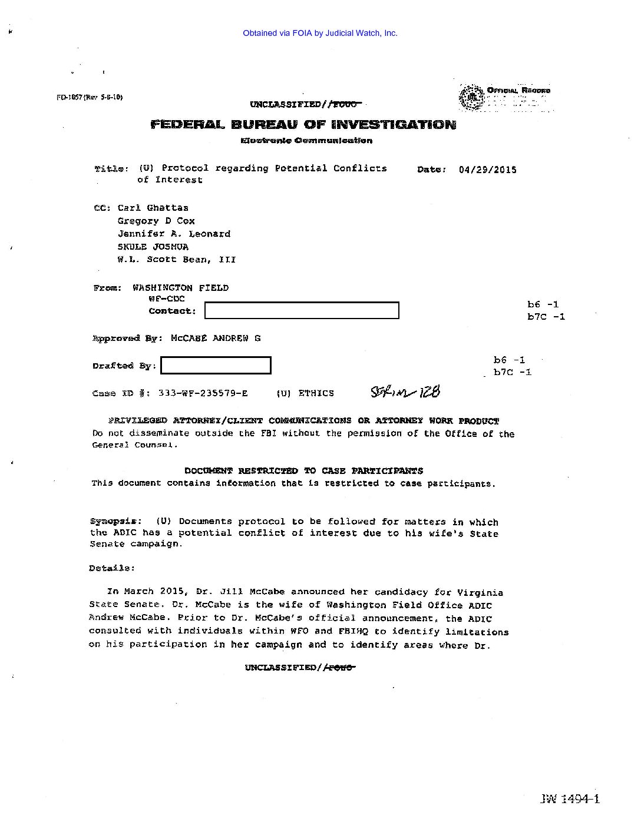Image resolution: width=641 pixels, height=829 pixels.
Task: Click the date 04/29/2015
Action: click(487, 170)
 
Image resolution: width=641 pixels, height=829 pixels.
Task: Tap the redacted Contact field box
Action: click(302, 310)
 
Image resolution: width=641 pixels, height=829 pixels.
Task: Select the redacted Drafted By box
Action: click(216, 366)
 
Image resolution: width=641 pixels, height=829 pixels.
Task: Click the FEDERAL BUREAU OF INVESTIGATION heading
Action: click(303, 124)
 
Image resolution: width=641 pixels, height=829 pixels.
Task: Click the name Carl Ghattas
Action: click(153, 208)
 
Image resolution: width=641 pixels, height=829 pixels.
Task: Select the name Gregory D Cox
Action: click(156, 221)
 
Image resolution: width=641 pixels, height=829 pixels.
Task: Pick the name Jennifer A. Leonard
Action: click(174, 234)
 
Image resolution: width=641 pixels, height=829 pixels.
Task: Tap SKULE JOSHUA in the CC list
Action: click(153, 247)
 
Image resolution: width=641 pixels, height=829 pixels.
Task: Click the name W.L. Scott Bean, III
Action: click(176, 260)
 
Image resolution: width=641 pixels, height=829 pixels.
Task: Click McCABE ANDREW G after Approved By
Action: click(215, 339)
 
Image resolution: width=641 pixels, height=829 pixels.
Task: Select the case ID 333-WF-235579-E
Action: click(203, 393)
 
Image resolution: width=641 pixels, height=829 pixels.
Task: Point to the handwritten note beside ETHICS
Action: click(405, 392)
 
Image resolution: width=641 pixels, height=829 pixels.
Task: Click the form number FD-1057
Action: click(89, 97)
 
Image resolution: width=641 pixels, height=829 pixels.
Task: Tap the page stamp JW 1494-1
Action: click(569, 799)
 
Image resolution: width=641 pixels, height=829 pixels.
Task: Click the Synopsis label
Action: click(115, 521)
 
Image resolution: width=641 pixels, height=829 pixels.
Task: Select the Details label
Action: click(111, 568)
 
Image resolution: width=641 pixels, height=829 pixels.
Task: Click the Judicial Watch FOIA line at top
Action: click(320, 34)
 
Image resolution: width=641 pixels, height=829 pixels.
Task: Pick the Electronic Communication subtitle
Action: click(306, 141)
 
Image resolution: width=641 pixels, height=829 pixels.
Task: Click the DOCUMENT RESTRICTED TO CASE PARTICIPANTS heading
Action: click(303, 471)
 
